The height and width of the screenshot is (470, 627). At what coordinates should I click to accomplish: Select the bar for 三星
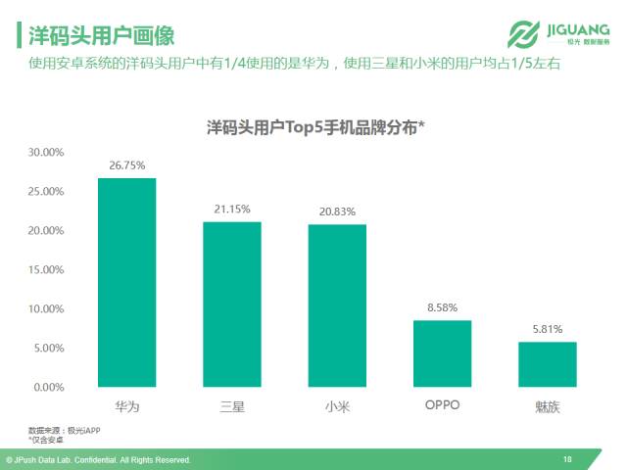(x=232, y=305)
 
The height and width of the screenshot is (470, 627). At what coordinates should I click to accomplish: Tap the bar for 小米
(x=337, y=305)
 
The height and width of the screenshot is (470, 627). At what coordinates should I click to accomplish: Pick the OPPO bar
(x=442, y=353)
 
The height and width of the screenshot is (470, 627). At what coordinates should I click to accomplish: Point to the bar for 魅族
(x=547, y=364)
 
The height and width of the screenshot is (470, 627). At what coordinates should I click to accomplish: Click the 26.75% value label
(x=126, y=166)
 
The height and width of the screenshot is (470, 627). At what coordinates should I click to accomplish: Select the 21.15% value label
(x=232, y=210)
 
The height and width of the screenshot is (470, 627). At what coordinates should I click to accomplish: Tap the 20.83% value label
(x=337, y=211)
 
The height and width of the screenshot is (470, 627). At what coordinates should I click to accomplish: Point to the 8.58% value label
(x=442, y=307)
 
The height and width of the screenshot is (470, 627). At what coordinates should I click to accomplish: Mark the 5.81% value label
(x=547, y=329)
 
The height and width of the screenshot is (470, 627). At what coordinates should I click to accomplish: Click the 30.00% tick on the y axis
(x=46, y=153)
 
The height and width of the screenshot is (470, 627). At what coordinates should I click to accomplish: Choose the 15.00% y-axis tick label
(x=46, y=270)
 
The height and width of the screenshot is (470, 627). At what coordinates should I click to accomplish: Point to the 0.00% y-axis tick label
(x=49, y=388)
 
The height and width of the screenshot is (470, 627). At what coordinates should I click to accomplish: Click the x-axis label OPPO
(x=442, y=404)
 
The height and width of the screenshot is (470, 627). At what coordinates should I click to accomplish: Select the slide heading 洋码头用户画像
(x=101, y=37)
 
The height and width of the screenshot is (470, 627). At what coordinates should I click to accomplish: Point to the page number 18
(x=567, y=459)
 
